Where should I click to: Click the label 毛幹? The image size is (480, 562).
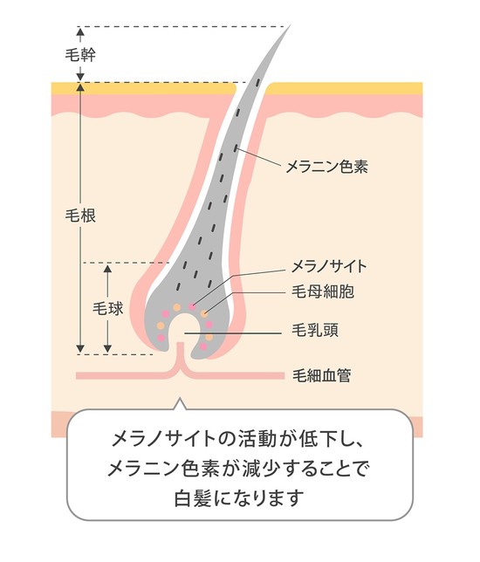click(x=80, y=55)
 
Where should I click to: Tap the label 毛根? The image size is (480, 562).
click(x=80, y=216)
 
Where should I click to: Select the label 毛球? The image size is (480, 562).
click(x=107, y=308)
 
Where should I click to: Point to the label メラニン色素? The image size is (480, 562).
click(x=326, y=167)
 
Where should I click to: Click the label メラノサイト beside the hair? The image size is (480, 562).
click(x=329, y=266)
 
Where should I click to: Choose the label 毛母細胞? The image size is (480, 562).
click(x=323, y=291)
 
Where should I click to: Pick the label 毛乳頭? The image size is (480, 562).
click(x=315, y=330)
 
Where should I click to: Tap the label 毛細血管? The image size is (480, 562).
click(x=321, y=375)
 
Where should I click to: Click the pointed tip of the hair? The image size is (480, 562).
click(x=290, y=26)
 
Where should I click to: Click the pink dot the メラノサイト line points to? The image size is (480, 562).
click(x=193, y=306)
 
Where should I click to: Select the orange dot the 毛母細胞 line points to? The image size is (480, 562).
click(x=204, y=314)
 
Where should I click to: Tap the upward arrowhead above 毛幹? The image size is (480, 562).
click(x=80, y=31)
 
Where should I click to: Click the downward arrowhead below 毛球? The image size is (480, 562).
click(x=107, y=348)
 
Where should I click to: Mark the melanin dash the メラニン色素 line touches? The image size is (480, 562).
click(x=236, y=147)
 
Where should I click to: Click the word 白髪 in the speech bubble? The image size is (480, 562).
click(x=193, y=497)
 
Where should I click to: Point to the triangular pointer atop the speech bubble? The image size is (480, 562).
click(x=181, y=403)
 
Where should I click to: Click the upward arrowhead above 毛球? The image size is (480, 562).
click(x=107, y=270)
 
